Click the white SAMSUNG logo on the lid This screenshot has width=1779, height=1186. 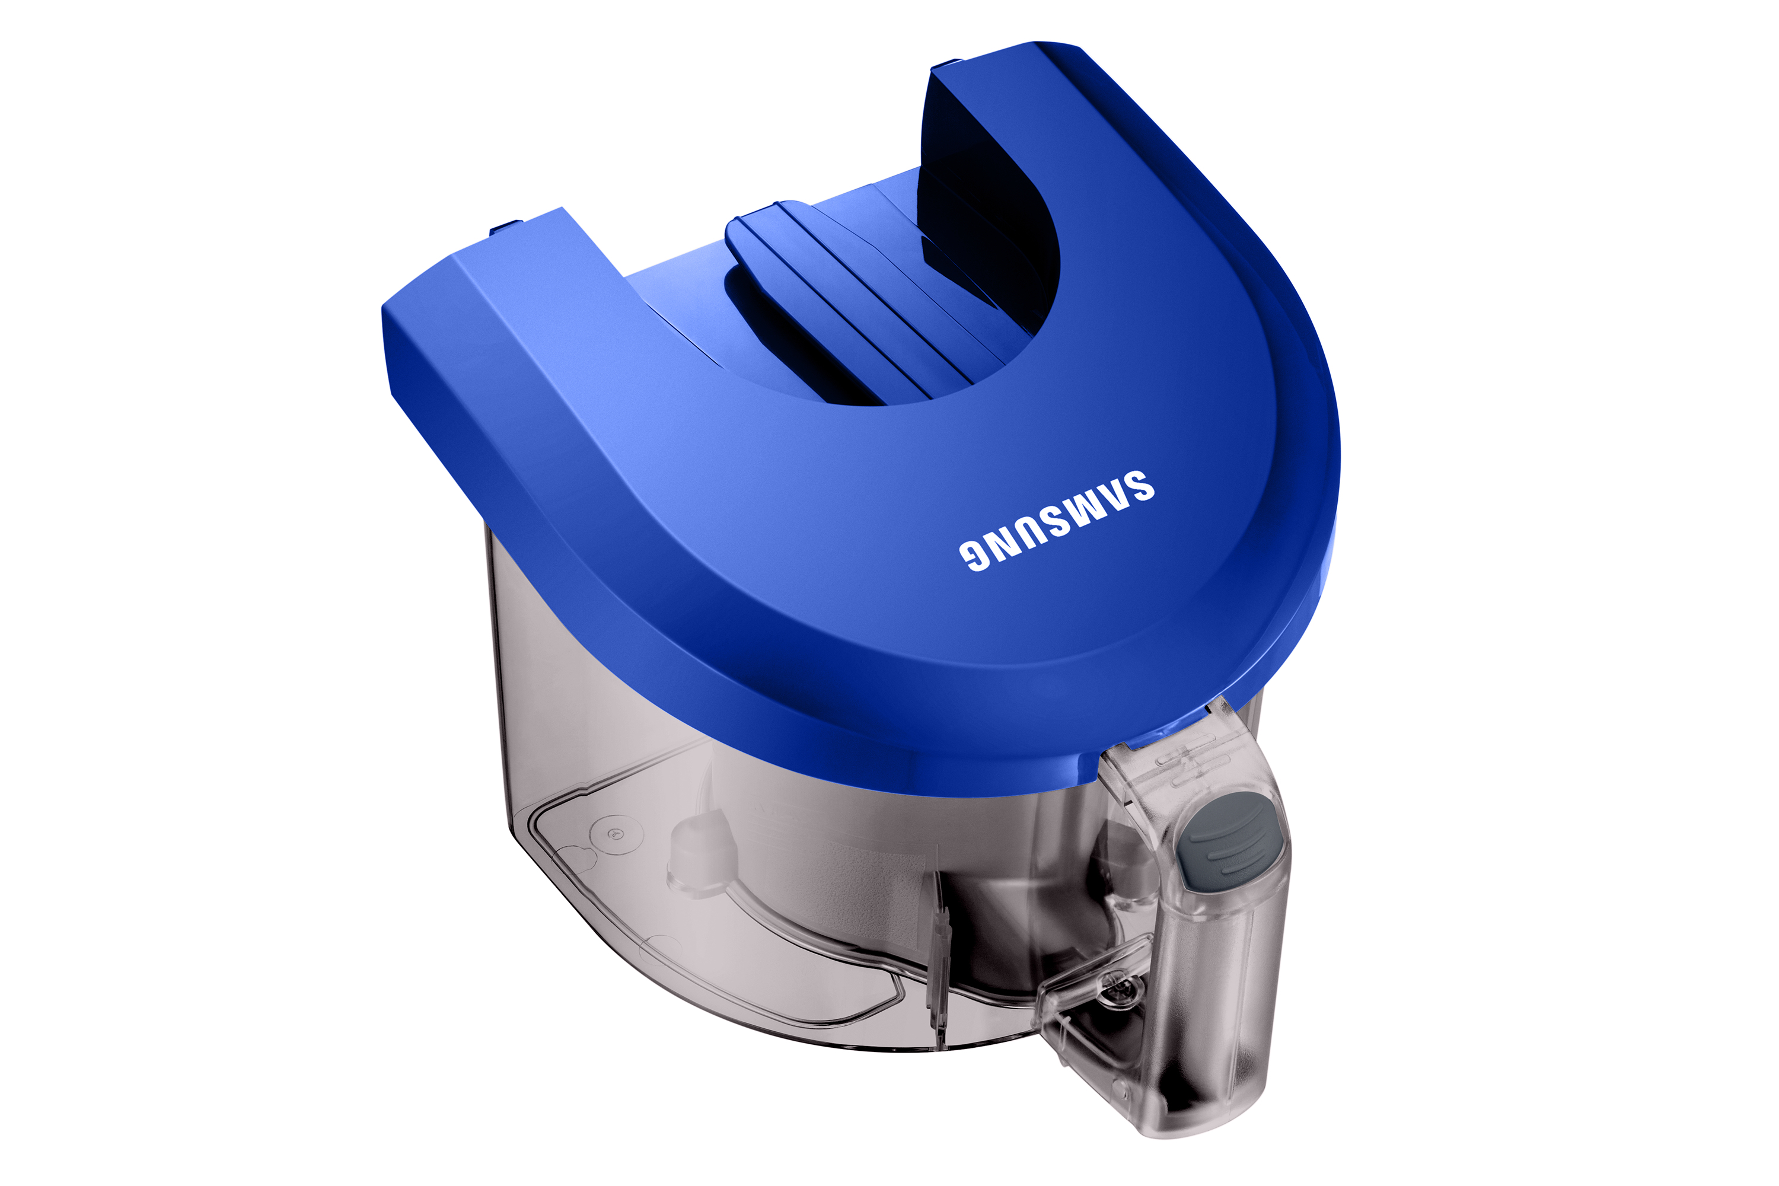[1057, 521]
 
